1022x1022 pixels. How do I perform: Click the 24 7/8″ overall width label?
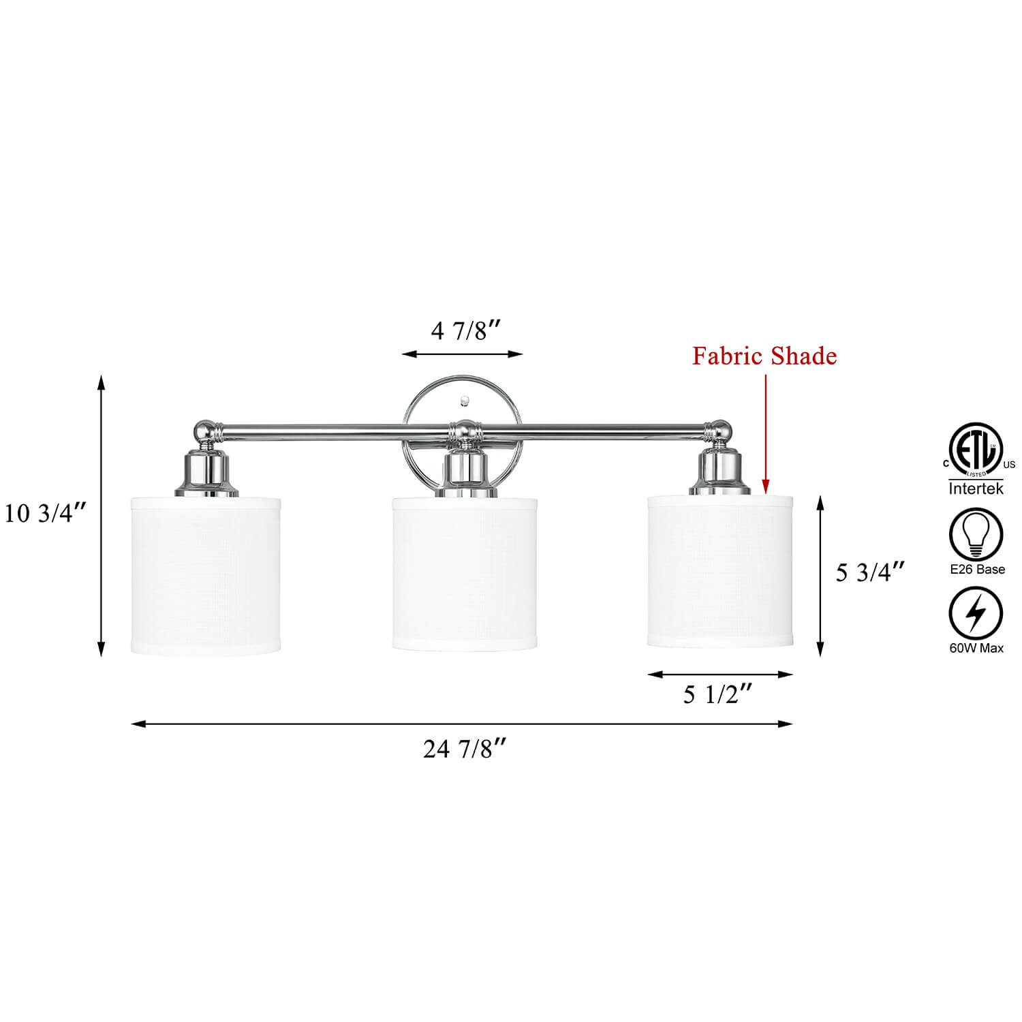coord(465,749)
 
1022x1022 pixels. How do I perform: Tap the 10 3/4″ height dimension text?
coord(46,514)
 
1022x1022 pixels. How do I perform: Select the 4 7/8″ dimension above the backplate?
coord(467,331)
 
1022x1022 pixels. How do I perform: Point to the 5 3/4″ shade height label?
coord(871,573)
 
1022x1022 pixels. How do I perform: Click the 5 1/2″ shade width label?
coord(717,695)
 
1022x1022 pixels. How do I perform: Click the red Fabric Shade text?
coord(764,356)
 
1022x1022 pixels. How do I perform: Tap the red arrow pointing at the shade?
coord(765,433)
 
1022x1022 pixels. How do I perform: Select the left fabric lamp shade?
coord(206,576)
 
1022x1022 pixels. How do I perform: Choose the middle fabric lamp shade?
coord(465,574)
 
